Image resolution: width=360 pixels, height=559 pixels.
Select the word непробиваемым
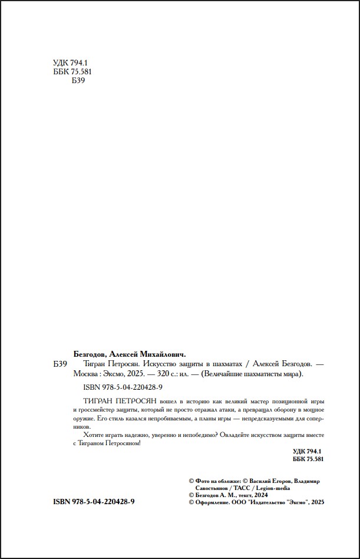point(160,417)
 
